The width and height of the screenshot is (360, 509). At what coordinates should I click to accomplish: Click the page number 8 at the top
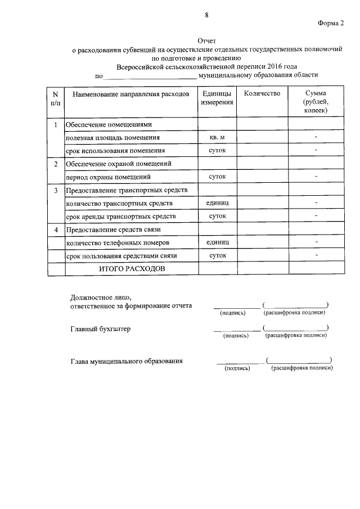click(x=206, y=15)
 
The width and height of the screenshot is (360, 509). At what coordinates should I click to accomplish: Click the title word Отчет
click(x=206, y=41)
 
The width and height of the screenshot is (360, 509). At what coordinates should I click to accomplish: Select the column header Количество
click(x=262, y=93)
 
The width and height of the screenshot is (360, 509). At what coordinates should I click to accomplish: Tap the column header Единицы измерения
click(x=217, y=98)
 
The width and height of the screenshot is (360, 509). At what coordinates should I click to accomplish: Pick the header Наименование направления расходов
click(x=131, y=94)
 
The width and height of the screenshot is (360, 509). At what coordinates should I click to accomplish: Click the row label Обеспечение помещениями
click(x=109, y=124)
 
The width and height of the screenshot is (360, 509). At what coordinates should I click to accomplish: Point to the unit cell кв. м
click(x=217, y=137)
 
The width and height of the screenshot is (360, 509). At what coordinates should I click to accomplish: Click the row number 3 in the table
click(x=56, y=191)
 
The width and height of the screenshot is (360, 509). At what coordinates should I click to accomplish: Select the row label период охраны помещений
click(x=108, y=177)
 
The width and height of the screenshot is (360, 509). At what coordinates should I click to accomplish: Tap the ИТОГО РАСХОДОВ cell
click(x=132, y=269)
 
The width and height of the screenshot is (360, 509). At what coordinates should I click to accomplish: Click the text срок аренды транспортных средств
click(x=120, y=216)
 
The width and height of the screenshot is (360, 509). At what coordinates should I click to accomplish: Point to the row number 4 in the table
click(x=56, y=230)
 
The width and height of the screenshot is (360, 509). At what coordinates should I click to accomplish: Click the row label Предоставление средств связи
click(x=113, y=230)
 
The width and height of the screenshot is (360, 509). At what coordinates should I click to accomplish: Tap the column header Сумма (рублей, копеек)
click(x=316, y=102)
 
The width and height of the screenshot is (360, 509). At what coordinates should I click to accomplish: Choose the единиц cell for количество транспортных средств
click(x=217, y=202)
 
